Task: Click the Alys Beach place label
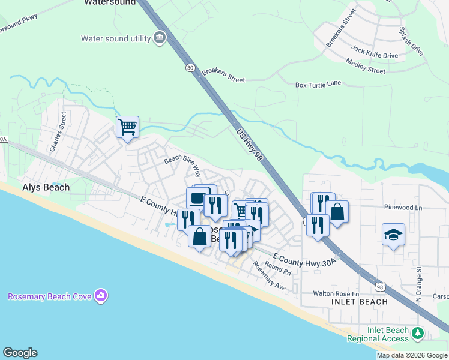(46, 187)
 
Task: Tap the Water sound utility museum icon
(160, 38)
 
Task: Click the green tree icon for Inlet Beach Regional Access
(418, 332)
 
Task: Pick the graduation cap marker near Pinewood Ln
(393, 235)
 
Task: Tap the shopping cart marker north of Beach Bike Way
(127, 127)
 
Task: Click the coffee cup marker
(197, 199)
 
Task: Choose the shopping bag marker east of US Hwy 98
(337, 212)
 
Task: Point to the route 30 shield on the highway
(190, 68)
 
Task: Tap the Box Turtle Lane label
(318, 85)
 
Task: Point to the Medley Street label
(366, 66)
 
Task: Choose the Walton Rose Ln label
(336, 293)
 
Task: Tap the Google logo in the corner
(20, 353)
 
